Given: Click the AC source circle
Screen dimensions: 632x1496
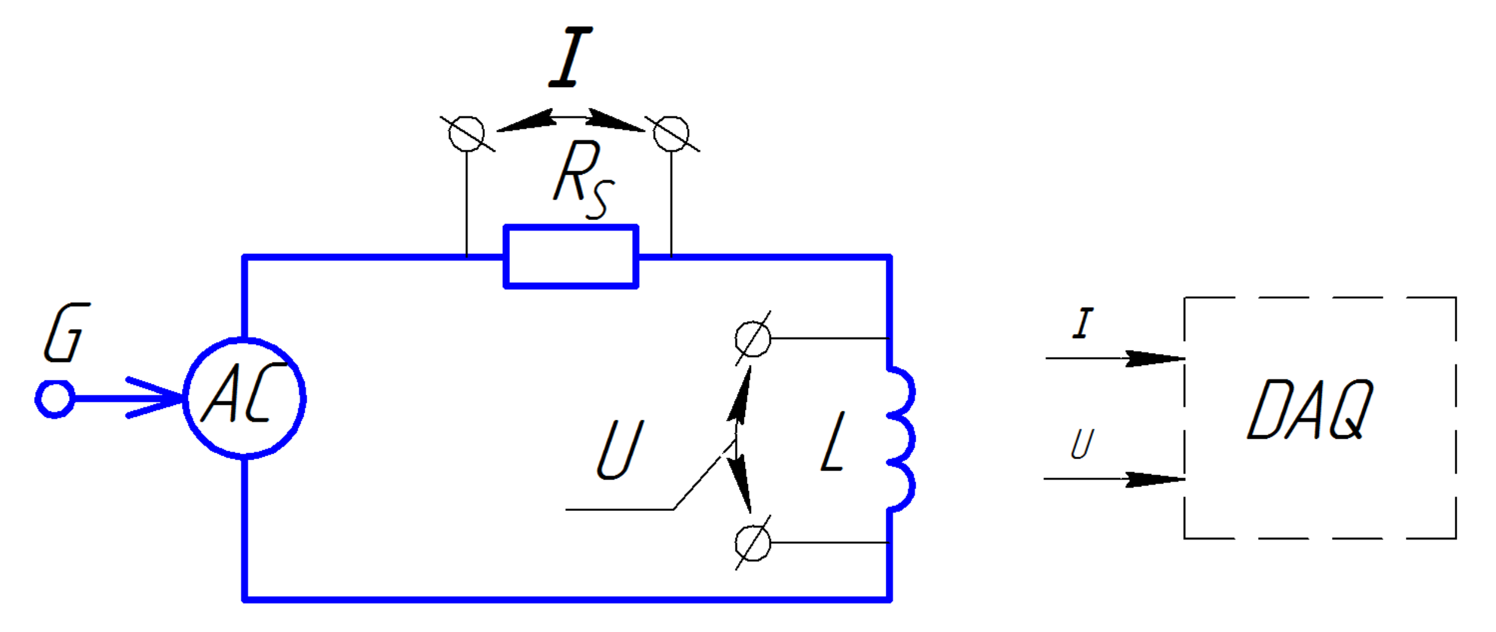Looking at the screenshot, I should coord(245,398).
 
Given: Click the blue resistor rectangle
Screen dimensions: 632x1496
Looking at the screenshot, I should coord(571,257).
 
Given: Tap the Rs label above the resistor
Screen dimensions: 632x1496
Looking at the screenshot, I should coord(582,178).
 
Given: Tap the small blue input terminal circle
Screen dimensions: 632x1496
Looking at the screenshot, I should coord(55,399).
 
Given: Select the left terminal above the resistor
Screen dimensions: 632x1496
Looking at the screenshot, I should coord(466,134).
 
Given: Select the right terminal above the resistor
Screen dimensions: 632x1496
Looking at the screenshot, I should coord(671,134).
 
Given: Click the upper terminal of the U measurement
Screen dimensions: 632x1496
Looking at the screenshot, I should coord(753,339).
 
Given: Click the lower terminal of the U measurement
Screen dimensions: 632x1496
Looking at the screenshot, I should coord(753,543).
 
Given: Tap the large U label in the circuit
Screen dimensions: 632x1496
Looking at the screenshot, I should coord(620,450).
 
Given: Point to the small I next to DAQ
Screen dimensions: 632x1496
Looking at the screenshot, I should coord(1083,324).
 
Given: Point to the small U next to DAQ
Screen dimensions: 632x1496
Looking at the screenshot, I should coord(1082,444).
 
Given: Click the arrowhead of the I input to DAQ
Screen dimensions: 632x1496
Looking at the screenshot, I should coord(1154,358).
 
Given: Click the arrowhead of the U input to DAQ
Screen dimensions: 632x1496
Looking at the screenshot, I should coord(1154,479).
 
